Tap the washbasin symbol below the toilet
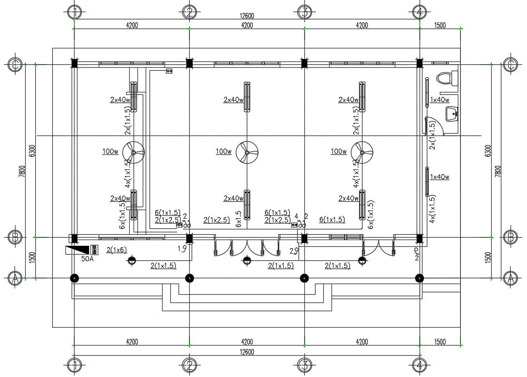[x=452, y=115]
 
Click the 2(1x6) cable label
[x=116, y=249]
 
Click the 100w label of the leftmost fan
[x=110, y=151]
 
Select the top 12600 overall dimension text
[x=247, y=16]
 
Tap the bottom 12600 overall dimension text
[x=247, y=352]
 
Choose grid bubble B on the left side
[x=15, y=237]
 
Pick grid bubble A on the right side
[x=511, y=278]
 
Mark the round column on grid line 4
[x=420, y=278]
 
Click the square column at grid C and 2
[x=189, y=63]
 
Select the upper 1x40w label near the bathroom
[x=440, y=100]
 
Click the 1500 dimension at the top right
[x=439, y=25]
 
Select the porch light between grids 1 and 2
[x=132, y=261]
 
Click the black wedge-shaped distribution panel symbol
[x=77, y=250]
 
